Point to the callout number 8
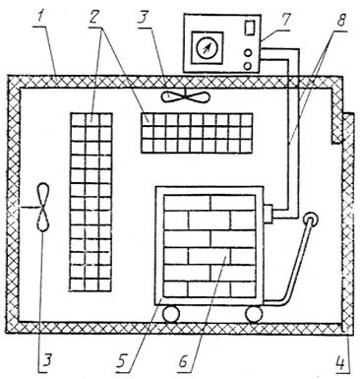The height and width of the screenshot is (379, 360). point(341,20)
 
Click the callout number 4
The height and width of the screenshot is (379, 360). point(342,363)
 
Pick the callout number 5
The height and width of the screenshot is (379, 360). point(122,362)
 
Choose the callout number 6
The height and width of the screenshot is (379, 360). point(183,362)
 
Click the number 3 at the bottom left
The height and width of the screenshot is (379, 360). point(47,362)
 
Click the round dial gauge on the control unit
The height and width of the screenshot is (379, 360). point(207,47)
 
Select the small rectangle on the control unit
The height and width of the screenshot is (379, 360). point(250,27)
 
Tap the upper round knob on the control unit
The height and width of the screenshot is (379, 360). point(248,52)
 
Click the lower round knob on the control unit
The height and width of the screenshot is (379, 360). point(248,66)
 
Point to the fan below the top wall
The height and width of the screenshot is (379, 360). point(185,96)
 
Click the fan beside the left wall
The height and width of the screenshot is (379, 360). point(43,208)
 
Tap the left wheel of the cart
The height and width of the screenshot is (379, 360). point(171,313)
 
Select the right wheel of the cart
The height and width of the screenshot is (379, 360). point(255,314)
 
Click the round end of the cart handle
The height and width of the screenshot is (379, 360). point(310,220)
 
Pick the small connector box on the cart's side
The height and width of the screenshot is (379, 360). point(269,214)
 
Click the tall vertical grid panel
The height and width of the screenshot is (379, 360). point(90,202)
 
